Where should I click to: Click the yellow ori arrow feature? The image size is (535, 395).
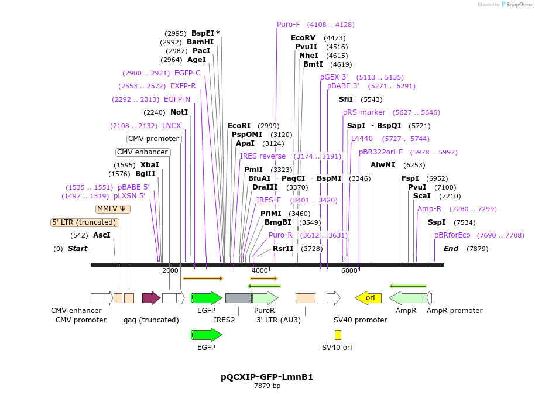coord(368,298)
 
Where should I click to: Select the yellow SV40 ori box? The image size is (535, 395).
coord(338,335)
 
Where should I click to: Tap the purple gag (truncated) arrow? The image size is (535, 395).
coord(151,298)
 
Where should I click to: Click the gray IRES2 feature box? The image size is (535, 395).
coord(238,298)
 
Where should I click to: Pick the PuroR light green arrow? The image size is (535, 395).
coord(265,298)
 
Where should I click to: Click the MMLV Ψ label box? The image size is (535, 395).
coord(112,209)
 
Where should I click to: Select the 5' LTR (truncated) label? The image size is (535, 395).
coord(85,222)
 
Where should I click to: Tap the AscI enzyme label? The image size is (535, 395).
coord(101,235)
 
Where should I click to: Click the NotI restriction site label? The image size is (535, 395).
coord(179,112)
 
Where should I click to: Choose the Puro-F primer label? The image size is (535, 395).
coord(288,25)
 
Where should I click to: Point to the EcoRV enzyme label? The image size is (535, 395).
coord(303,38)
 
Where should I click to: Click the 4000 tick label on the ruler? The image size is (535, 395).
coord(260,270)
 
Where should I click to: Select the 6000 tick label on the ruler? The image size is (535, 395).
coord(349,270)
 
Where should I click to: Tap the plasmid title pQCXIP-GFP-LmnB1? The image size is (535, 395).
coord(267,377)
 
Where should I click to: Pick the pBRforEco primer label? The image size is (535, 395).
coord(452,235)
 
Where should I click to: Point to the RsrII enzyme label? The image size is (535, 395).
coord(283,249)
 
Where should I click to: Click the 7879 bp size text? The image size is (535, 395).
coord(267,386)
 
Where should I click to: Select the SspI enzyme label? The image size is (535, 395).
coord(436,222)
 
